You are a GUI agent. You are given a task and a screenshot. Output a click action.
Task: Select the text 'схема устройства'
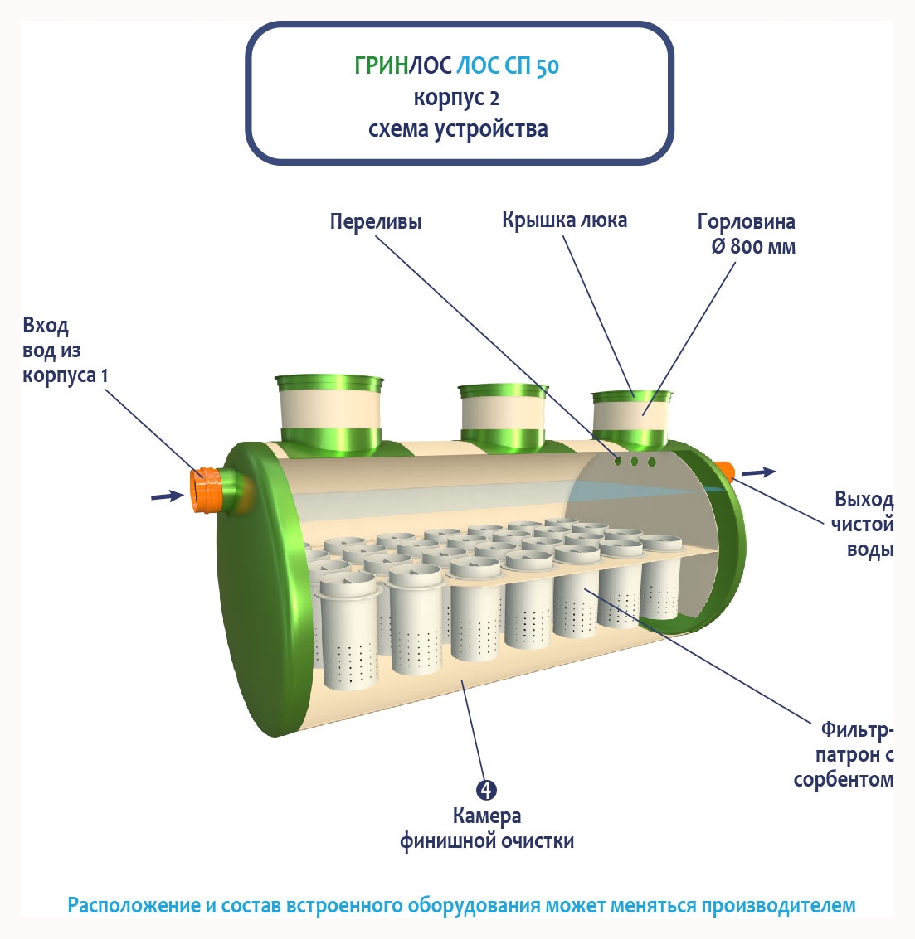coord(458,129)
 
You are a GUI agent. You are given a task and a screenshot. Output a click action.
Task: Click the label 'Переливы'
coord(376,221)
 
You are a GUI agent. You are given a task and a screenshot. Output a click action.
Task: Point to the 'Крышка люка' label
coord(564,220)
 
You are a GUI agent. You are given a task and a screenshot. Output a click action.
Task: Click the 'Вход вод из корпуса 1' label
coord(66,350)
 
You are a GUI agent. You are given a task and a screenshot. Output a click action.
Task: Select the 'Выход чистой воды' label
coord(864,524)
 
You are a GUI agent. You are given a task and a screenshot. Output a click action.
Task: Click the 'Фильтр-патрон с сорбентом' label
coord(844,754)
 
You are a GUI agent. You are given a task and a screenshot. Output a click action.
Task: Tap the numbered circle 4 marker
coord(487,790)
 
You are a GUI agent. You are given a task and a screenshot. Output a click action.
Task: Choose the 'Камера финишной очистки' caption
coord(487,828)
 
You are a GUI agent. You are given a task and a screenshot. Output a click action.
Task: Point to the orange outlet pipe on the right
coord(726,472)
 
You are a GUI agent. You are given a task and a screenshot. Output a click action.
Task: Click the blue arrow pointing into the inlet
coord(167,496)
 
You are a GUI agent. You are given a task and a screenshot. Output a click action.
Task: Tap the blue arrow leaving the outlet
coord(758,472)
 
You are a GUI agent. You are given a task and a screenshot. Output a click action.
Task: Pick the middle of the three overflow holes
coord(635,462)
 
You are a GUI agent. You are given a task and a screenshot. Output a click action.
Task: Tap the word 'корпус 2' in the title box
coord(457,98)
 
